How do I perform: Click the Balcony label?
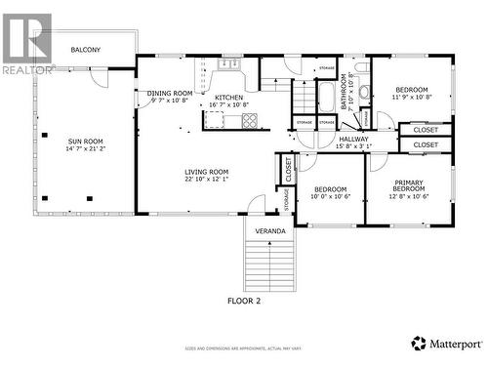85,50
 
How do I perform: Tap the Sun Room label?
85,141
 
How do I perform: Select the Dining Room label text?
171,93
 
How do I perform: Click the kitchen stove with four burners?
249,121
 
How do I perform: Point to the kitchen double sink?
228,64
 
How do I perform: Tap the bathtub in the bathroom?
326,98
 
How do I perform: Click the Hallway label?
353,140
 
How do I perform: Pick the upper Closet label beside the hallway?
426,130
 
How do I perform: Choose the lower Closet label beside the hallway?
426,144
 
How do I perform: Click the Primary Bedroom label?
409,185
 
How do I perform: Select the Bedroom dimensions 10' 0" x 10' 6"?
330,196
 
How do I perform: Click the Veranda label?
270,231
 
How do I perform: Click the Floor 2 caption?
244,301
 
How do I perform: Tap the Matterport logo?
446,344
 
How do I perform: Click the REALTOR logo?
26,44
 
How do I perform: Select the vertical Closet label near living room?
288,169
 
